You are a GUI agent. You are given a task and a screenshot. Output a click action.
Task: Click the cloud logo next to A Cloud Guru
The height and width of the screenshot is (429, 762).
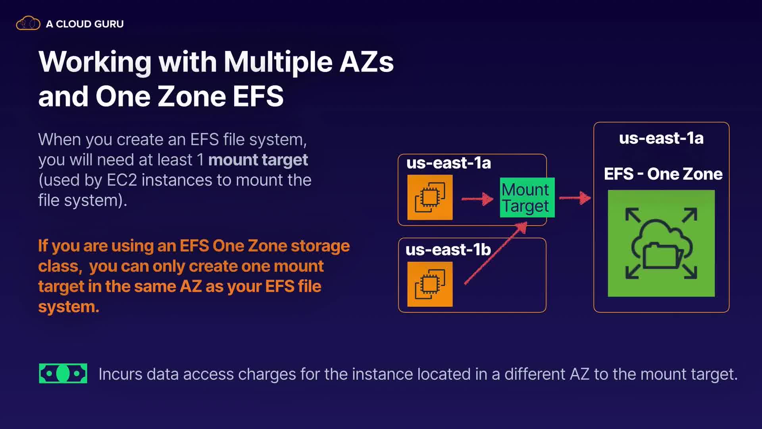pyautogui.click(x=28, y=23)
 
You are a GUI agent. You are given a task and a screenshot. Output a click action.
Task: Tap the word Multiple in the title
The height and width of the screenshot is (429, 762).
pyautogui.click(x=278, y=62)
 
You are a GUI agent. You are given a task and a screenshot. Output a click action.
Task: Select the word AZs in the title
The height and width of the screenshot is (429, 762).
pyautogui.click(x=366, y=62)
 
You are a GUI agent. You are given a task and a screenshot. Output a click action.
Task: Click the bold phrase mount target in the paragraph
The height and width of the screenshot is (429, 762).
pyautogui.click(x=258, y=160)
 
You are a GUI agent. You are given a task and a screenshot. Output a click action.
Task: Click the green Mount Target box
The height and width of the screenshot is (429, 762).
pyautogui.click(x=526, y=197)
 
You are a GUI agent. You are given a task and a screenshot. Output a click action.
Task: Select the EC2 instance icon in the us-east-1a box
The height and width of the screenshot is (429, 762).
pyautogui.click(x=430, y=197)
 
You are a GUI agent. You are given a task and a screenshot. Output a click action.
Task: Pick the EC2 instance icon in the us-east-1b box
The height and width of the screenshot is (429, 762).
pyautogui.click(x=430, y=284)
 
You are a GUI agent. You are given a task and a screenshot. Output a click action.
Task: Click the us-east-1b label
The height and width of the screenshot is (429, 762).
pyautogui.click(x=448, y=250)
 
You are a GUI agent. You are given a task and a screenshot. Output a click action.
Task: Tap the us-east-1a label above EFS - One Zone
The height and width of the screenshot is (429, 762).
pyautogui.click(x=661, y=138)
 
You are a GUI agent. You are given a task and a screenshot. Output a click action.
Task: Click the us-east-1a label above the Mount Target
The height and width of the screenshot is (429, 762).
pyautogui.click(x=448, y=163)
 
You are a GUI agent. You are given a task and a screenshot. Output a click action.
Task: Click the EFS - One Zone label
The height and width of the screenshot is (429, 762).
pyautogui.click(x=663, y=174)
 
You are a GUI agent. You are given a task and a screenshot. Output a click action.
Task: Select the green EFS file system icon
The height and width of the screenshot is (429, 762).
pyautogui.click(x=661, y=243)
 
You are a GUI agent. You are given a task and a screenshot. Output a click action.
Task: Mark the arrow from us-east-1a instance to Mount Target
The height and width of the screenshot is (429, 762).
pyautogui.click(x=477, y=198)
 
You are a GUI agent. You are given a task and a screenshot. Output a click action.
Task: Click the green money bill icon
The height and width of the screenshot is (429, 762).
pyautogui.click(x=63, y=373)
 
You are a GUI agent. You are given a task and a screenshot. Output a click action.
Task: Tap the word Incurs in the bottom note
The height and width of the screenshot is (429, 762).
pyautogui.click(x=120, y=374)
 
